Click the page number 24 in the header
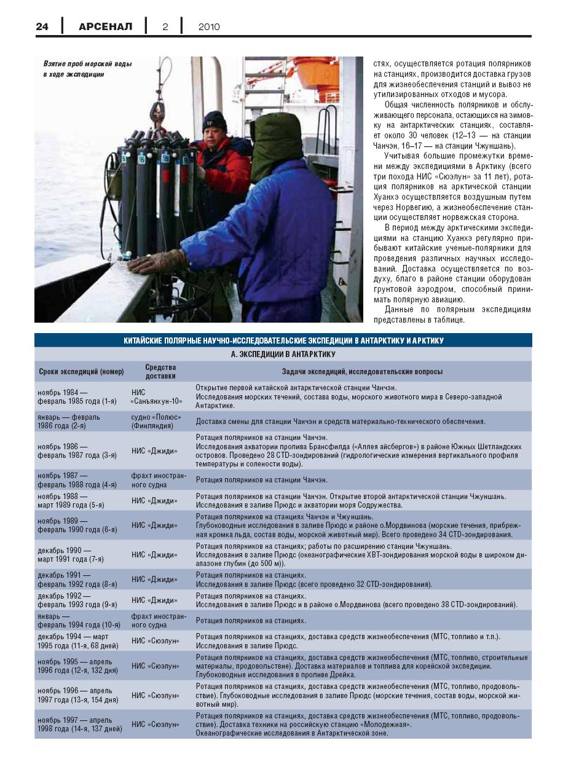point(42,26)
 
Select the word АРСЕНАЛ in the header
point(105,26)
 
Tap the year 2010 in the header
point(209,26)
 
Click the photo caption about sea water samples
point(87,69)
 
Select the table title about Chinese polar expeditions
point(283,340)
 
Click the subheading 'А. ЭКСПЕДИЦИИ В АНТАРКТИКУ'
point(283,355)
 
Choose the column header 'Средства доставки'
point(160,371)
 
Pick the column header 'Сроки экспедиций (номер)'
point(81,372)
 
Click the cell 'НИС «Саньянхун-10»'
point(157,396)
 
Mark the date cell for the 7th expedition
point(71,555)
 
